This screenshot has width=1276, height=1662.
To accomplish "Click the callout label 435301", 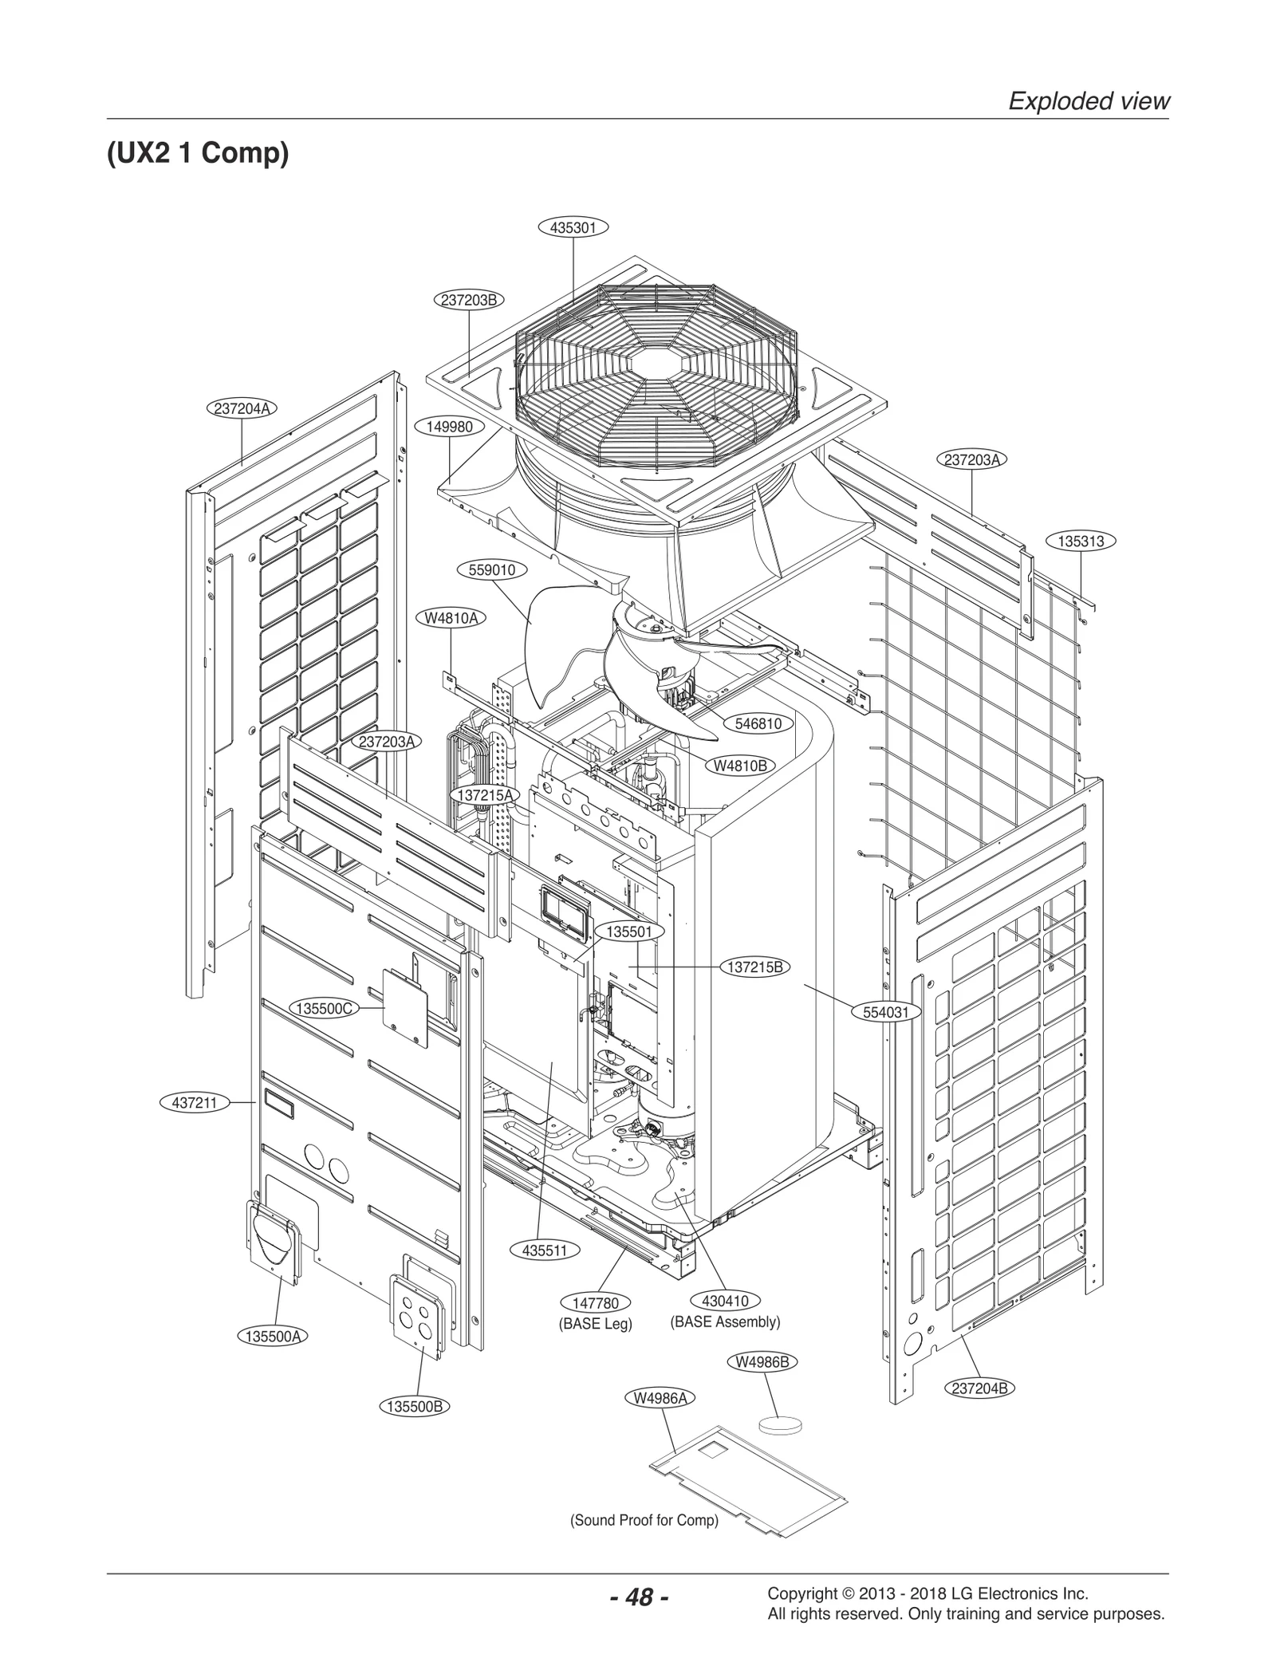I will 573,227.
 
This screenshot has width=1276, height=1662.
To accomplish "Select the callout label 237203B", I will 469,300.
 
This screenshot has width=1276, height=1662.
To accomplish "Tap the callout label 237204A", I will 242,408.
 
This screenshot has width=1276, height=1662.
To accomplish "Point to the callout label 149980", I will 450,427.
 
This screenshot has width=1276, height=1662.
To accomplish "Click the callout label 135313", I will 1081,541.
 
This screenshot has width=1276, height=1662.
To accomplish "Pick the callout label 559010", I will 492,570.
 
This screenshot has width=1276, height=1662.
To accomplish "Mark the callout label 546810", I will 758,723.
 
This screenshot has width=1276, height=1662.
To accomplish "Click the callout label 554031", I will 892,1012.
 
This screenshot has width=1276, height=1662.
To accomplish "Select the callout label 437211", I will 195,1104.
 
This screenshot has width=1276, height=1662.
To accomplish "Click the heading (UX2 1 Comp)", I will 198,152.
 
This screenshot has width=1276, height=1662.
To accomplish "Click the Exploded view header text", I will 1089,101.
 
